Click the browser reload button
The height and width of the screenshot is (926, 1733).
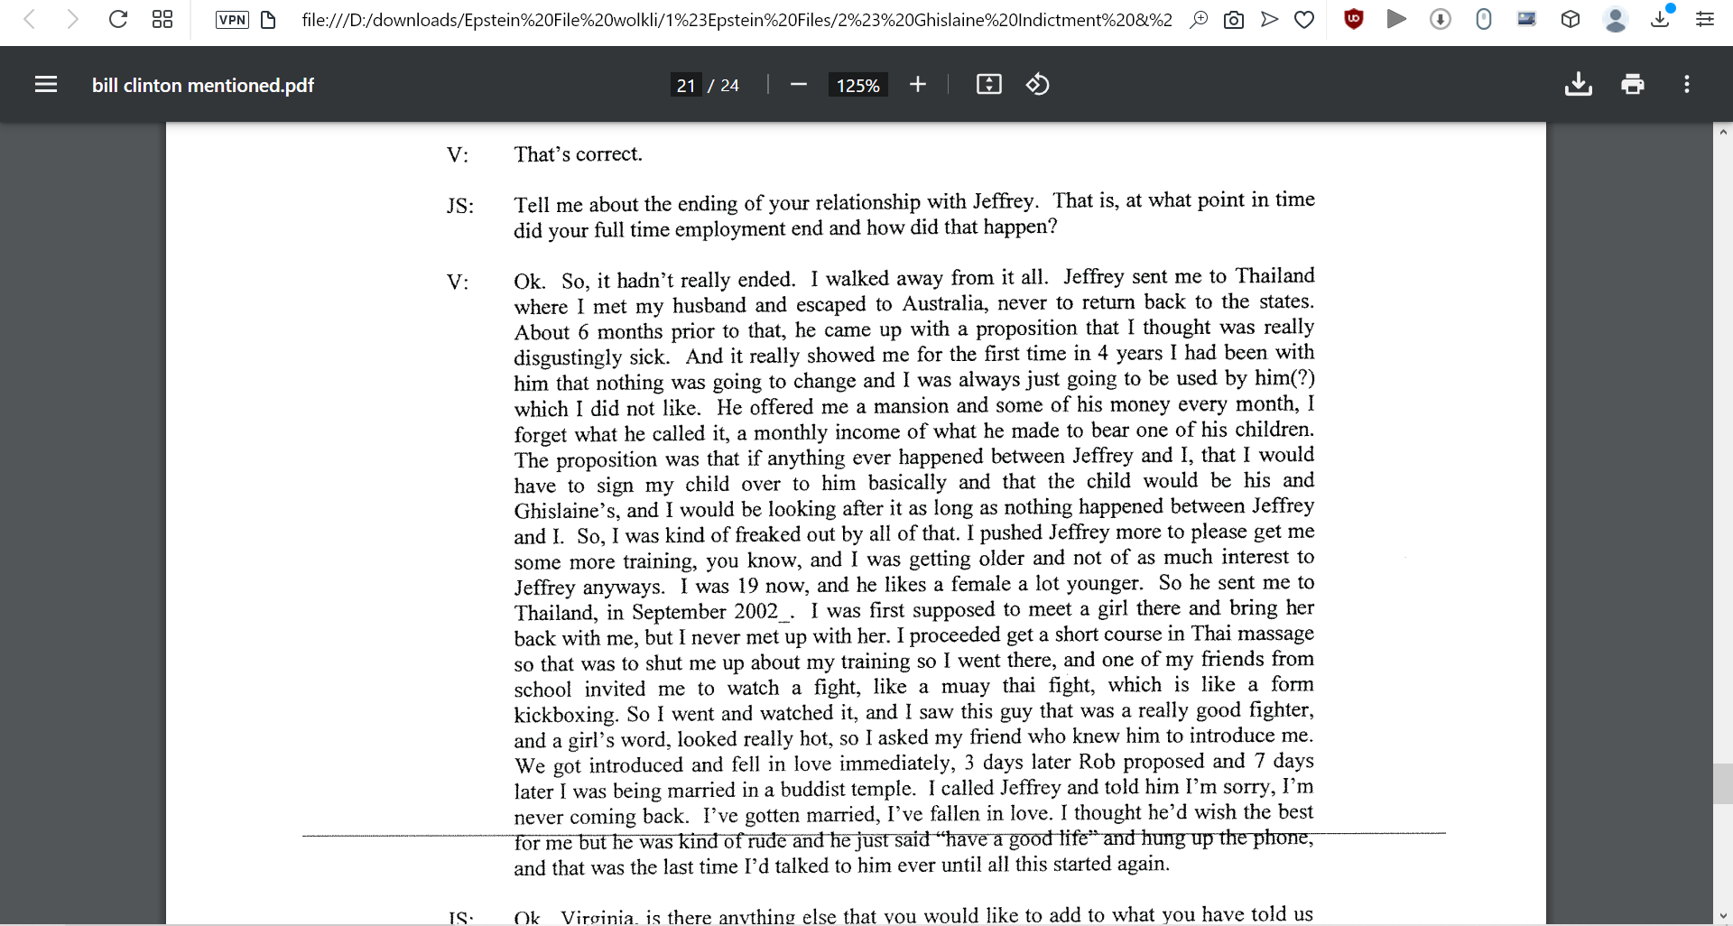[x=118, y=19]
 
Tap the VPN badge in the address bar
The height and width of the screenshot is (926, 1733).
[x=232, y=20]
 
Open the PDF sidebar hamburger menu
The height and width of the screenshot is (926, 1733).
[x=46, y=85]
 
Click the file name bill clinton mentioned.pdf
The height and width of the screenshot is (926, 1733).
[x=202, y=86]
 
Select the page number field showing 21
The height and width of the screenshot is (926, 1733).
[x=686, y=86]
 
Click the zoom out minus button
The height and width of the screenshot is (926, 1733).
[x=798, y=85]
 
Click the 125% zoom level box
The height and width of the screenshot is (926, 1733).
[x=857, y=86]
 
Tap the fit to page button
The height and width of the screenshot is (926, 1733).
[x=989, y=85]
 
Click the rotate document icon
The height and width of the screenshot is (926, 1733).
[x=1037, y=85]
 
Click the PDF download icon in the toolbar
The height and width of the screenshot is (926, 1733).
[x=1578, y=85]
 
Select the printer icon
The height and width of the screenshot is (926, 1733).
[x=1632, y=85]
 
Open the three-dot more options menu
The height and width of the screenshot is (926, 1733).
[x=1686, y=85]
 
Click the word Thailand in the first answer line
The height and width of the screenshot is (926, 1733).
[x=1274, y=276]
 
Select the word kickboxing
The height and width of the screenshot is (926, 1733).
[x=565, y=715]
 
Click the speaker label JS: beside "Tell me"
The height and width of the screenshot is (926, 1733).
[x=460, y=206]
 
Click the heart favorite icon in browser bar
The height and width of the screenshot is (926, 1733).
[x=1304, y=20]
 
